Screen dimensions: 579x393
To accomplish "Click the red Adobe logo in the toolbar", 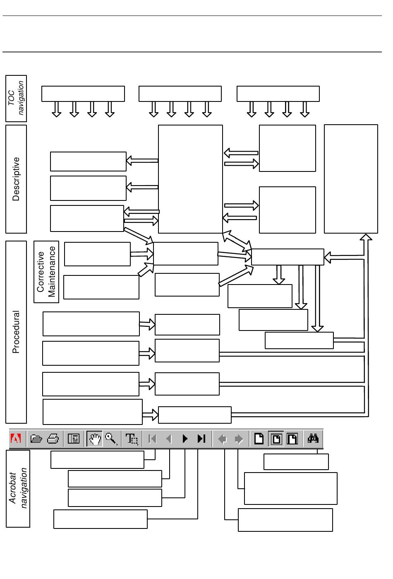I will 16,439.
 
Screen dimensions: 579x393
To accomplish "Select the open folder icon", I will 36,439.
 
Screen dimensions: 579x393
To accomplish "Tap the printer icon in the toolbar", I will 53,439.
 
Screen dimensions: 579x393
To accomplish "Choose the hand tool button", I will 95,439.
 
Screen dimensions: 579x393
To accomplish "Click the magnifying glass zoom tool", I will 111,439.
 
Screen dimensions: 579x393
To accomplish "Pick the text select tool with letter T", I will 132,439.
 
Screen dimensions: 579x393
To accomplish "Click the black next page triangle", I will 185,439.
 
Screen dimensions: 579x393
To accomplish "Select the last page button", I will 201,439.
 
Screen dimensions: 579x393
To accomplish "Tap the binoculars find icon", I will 313,439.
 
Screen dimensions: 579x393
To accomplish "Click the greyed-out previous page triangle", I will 169,439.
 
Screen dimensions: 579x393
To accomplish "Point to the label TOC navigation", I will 17,99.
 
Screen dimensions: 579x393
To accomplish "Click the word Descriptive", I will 16,179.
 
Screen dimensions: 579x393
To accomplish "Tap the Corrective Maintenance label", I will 46,272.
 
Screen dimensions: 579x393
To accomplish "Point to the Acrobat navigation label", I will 18,489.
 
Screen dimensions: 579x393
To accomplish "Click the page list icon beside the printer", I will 74,439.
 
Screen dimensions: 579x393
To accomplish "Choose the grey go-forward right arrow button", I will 239,439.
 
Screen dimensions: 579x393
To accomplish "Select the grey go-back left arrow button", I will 223,439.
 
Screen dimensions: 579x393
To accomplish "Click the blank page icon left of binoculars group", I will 259,439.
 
